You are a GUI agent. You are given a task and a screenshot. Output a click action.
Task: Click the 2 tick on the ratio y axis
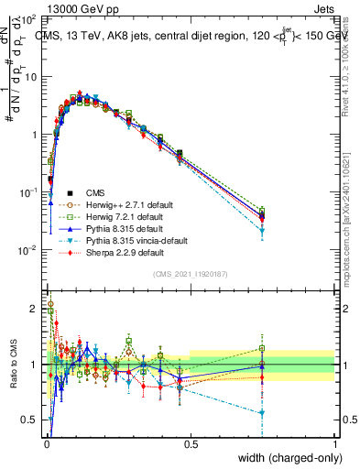coord(35,309)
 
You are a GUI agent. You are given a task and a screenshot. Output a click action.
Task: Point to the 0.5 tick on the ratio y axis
coord(31,420)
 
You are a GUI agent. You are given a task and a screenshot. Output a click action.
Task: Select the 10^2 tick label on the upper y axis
coord(31,19)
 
